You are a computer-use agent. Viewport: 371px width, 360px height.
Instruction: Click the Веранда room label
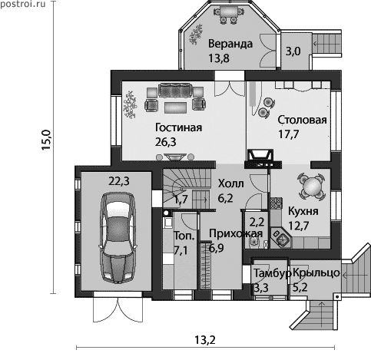pos(230,44)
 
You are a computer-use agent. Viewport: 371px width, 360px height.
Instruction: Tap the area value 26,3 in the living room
pos(166,141)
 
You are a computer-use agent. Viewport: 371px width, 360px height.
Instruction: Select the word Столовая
pos(303,120)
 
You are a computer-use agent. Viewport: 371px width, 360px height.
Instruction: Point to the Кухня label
pos(303,211)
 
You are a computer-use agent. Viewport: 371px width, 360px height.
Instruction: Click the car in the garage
pos(118,237)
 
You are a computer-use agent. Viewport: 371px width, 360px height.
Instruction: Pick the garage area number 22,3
pos(119,181)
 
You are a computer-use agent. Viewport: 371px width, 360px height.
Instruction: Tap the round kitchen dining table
pos(312,186)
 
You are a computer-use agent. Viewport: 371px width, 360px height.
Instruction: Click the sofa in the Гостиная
pos(176,90)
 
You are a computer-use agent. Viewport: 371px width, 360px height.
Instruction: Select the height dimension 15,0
pos(46,140)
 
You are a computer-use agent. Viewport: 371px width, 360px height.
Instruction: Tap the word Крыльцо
pos(316,272)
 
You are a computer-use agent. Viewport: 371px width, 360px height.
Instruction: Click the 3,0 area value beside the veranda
pos(293,51)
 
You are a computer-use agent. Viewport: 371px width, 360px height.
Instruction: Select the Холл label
pos(231,183)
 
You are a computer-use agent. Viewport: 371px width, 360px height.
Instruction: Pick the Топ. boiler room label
pos(184,236)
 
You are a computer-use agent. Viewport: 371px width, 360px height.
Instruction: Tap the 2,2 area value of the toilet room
pos(257,222)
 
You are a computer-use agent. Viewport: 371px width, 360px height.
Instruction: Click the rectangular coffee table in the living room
pos(175,108)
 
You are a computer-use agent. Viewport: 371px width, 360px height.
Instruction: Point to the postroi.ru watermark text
pos(23,4)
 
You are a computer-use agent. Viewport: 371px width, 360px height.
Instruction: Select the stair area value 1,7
pos(181,198)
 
